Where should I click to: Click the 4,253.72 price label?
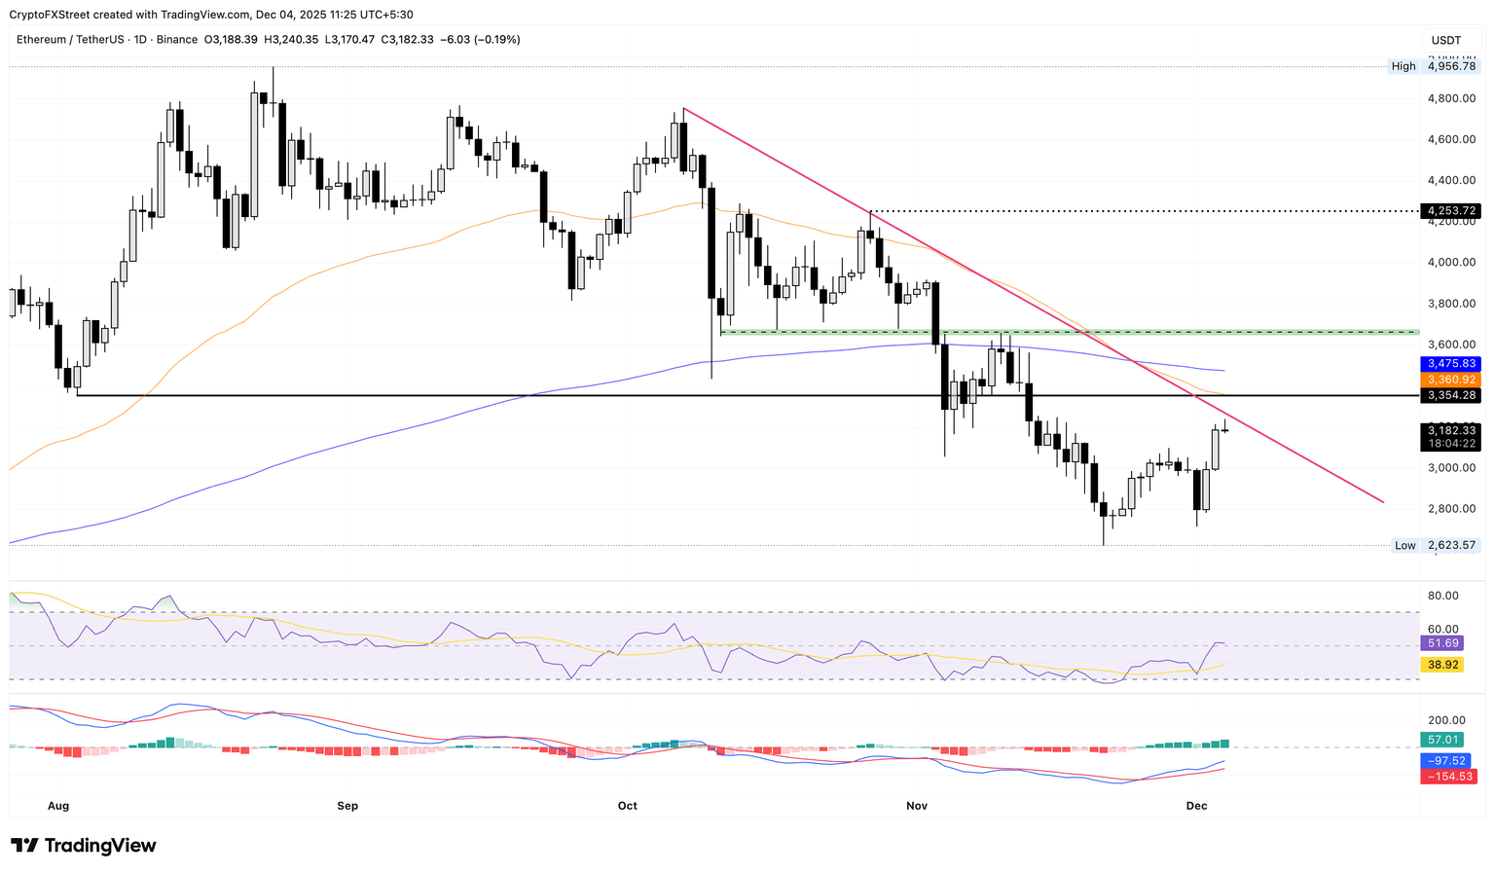(1449, 210)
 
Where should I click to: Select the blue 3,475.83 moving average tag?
(1449, 363)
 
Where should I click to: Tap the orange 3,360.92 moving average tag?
(1449, 379)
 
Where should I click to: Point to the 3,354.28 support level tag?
(1449, 395)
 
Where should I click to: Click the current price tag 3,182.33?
(1449, 430)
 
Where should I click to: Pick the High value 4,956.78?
(1451, 66)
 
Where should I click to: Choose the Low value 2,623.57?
(1451, 545)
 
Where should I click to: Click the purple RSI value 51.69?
(1442, 643)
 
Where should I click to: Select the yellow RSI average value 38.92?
(1442, 665)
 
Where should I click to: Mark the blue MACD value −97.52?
(1445, 760)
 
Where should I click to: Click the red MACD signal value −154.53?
(1448, 777)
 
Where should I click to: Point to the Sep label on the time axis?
(347, 806)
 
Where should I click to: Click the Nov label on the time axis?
(917, 806)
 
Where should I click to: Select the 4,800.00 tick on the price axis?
(1451, 98)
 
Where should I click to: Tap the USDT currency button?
(1446, 40)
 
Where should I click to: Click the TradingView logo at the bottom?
(84, 846)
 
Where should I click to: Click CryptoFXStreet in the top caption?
(53, 15)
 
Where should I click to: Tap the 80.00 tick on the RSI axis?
(1443, 596)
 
